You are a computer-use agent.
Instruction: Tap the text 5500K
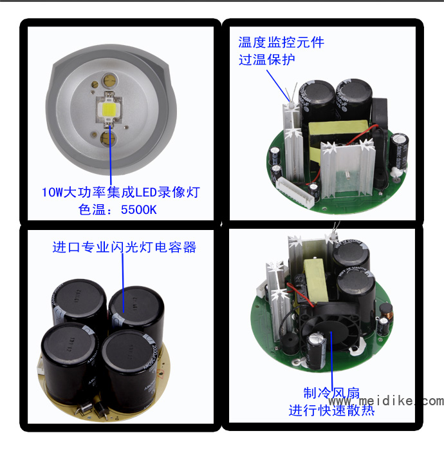tap(139, 209)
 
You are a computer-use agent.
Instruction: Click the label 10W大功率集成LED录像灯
tap(120, 192)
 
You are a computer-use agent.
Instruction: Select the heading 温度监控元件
tap(281, 43)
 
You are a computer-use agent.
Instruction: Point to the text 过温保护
tap(267, 59)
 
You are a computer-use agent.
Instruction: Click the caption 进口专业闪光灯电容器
tap(124, 247)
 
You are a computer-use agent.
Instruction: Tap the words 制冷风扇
tap(331, 393)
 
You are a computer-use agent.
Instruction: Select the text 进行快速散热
tap(331, 410)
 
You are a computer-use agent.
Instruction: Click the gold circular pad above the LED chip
tap(109, 80)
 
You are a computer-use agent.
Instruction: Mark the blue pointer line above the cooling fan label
tap(331, 361)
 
